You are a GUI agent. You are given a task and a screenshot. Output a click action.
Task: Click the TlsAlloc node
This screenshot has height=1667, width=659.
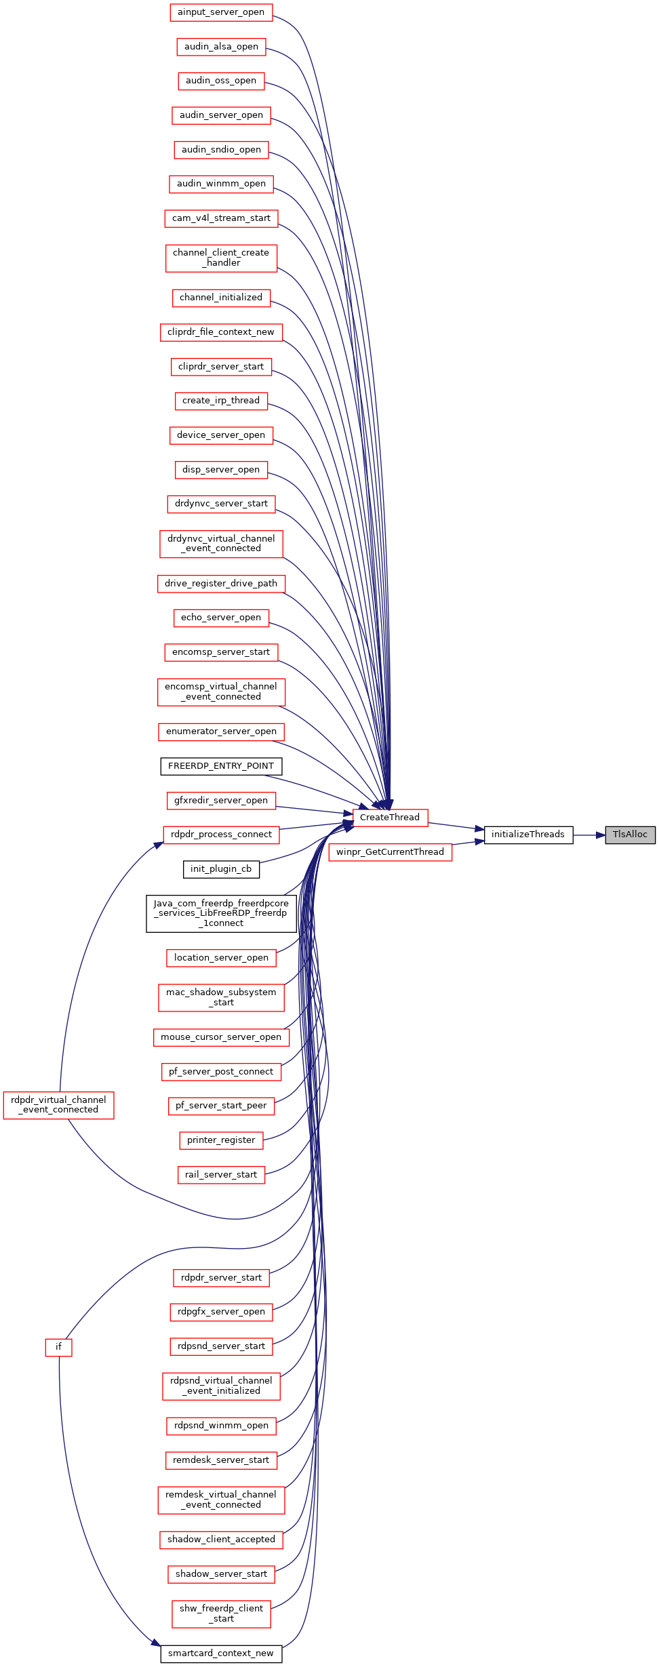coord(630,835)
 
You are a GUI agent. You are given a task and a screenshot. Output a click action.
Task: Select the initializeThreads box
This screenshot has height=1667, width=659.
coord(528,835)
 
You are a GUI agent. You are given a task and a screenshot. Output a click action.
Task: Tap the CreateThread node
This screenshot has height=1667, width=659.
coord(390,818)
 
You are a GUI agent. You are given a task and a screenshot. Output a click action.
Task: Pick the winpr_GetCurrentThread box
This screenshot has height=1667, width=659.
coord(390,852)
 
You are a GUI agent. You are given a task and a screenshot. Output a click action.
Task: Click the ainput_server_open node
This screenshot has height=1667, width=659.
coord(221,12)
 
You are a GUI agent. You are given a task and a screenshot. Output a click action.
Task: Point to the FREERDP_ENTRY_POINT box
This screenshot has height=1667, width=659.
coord(221,766)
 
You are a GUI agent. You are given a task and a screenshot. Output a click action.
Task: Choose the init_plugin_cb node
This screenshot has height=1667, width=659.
coord(221,869)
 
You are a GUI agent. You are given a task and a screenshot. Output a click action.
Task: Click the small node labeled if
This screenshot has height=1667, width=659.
coord(58,1347)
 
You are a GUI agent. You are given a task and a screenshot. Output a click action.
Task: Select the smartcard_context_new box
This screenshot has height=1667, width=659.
coord(221,1653)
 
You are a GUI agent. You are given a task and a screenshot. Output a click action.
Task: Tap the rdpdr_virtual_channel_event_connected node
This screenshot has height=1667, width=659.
coord(58,1105)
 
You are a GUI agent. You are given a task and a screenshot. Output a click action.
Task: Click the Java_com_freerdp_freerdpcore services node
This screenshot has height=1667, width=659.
coord(221,913)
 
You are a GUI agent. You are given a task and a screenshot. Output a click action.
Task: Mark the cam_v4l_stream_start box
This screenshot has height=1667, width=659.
coord(221,218)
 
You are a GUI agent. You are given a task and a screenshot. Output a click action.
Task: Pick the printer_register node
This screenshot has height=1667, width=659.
coord(221,1140)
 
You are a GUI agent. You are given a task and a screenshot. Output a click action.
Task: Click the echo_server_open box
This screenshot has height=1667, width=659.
coord(221,618)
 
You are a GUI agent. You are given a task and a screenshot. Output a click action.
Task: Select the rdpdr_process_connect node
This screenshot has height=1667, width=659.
coord(221,835)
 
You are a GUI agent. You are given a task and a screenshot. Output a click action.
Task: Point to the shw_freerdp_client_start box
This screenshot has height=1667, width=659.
coord(221,1613)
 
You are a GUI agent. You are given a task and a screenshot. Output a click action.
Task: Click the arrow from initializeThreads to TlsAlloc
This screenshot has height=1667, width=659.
coord(589,835)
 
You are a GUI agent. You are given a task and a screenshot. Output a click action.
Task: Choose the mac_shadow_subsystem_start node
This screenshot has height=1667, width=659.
coord(221,997)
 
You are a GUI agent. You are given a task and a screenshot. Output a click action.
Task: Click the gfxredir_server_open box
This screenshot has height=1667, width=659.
coord(221,801)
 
